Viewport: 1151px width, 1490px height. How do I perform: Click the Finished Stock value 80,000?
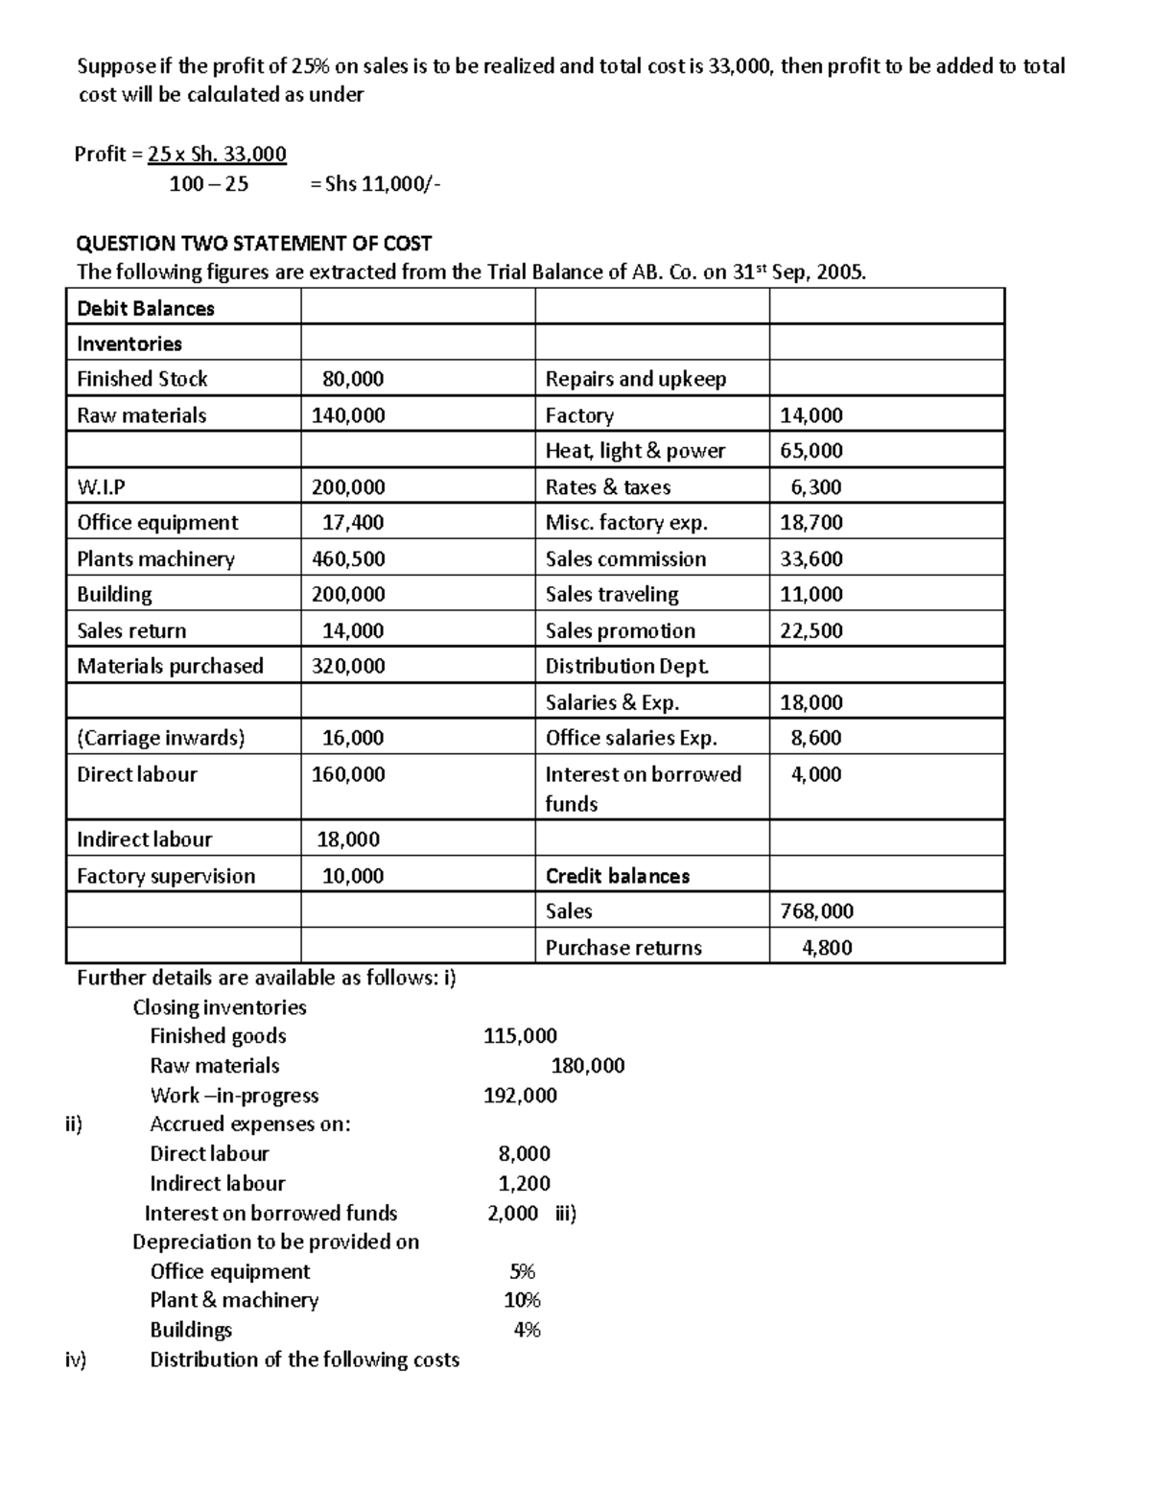(353, 379)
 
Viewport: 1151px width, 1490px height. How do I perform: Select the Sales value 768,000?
(816, 911)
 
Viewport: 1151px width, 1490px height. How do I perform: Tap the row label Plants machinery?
(155, 558)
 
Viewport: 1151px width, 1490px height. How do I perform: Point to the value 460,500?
(348, 558)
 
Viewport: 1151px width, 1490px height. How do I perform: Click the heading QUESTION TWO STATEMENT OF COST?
(253, 244)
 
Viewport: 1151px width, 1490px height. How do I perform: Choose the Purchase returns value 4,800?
(827, 948)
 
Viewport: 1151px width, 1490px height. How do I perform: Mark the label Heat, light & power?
(635, 451)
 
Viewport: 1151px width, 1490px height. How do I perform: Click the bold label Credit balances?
(617, 876)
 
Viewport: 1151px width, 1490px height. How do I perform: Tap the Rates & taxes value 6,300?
(815, 487)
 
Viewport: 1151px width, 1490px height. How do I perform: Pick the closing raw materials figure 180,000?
(587, 1066)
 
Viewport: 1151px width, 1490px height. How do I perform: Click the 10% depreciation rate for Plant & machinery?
(523, 1300)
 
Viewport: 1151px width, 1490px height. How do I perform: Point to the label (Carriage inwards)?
(160, 738)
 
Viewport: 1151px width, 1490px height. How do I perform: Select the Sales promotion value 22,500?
(811, 630)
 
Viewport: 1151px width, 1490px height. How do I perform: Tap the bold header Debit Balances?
(145, 308)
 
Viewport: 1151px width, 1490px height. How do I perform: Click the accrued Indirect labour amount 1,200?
(524, 1183)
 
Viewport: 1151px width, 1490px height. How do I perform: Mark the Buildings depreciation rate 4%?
(527, 1330)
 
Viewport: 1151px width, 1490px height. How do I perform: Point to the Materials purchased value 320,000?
(348, 666)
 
